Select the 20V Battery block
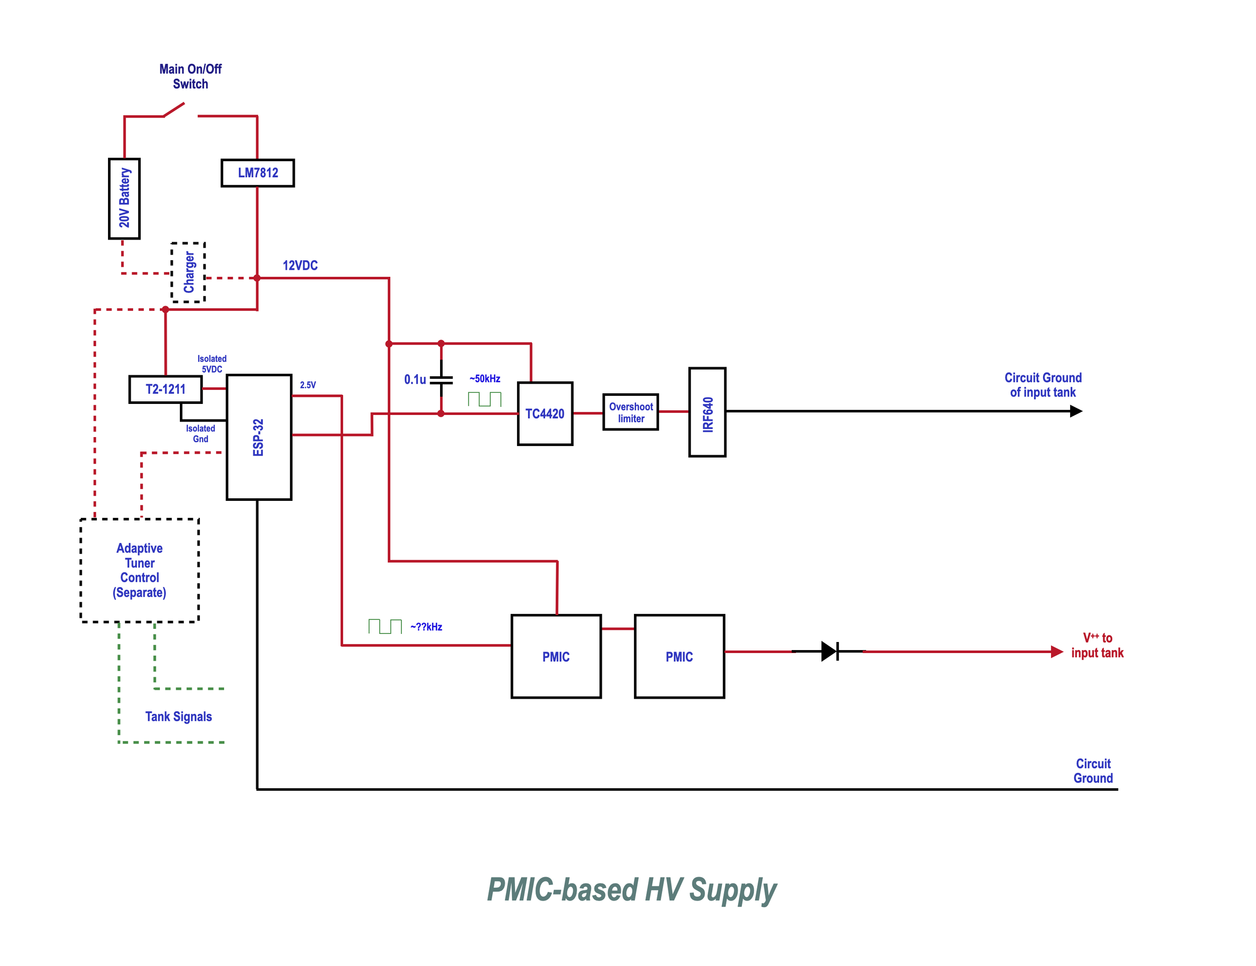pos(124,198)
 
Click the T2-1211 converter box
pos(166,389)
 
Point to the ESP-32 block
pos(259,438)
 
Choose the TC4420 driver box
pos(545,414)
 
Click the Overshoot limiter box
pos(631,412)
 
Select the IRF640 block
pos(707,412)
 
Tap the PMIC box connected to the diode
pos(679,657)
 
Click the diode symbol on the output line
pos(829,652)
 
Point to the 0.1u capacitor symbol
pos(441,379)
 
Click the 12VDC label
pos(300,266)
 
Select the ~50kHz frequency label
pos(485,379)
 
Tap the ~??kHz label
pos(426,627)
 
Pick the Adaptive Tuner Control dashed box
pos(139,570)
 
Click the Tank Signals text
pos(178,716)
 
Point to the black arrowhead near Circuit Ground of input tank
pos(1076,411)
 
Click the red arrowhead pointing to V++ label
pos(1057,652)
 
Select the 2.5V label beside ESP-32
pos(307,385)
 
